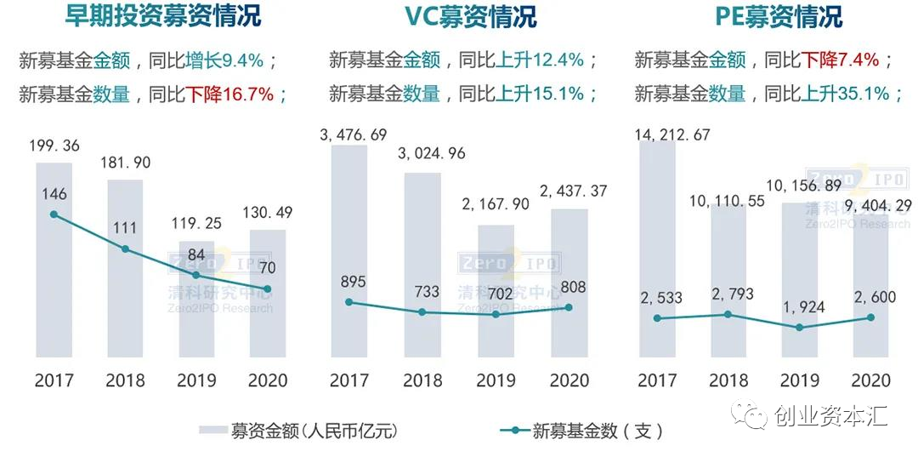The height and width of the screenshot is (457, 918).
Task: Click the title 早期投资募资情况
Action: (x=163, y=16)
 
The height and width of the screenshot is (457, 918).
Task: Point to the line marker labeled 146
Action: (x=54, y=214)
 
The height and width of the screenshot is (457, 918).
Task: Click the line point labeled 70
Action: (x=268, y=289)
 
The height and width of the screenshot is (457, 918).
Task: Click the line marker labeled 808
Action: (x=569, y=307)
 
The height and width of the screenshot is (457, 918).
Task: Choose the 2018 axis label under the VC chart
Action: (x=422, y=380)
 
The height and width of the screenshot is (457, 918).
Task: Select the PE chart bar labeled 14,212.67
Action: (x=657, y=247)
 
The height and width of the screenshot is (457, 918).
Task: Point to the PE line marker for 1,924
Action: (x=799, y=327)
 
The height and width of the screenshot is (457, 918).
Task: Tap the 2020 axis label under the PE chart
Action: (x=870, y=380)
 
